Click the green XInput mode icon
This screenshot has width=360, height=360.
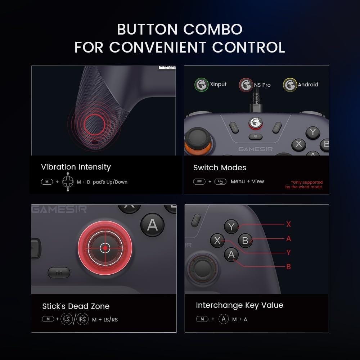201,85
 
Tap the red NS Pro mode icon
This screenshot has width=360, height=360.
246,85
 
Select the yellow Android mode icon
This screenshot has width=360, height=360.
290,85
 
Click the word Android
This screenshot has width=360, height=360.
308,85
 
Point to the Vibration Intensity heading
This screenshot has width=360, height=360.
76,167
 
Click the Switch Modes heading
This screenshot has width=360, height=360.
220,168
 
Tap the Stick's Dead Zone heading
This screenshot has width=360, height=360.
76,306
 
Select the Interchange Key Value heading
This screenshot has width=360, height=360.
239,305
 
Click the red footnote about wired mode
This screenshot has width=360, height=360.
304,185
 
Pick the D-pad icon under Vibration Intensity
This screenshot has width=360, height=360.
68,182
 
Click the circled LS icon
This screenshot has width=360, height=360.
66,319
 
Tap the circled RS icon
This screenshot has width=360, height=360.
82,319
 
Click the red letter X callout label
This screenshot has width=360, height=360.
288,224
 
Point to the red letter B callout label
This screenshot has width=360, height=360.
288,267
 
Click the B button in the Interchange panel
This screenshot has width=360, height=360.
245,240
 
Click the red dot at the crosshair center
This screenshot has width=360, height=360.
105,248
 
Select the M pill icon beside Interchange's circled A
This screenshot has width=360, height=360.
202,319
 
